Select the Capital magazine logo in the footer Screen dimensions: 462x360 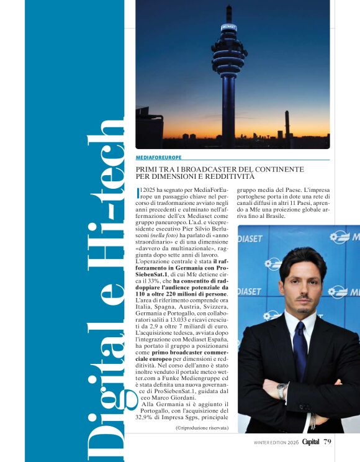pyautogui.click(x=312, y=442)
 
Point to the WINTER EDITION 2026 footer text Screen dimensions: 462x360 pyautogui.click(x=277, y=442)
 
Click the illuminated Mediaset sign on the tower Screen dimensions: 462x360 pyautogui.click(x=229, y=28)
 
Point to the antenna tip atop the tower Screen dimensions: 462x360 pyautogui.click(x=229, y=7)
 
